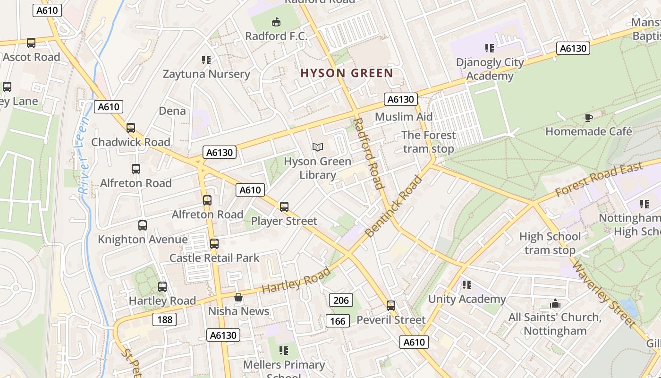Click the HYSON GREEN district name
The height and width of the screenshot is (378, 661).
(x=347, y=73)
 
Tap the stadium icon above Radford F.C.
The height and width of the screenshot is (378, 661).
(x=276, y=22)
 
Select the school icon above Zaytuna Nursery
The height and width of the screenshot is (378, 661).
(x=206, y=60)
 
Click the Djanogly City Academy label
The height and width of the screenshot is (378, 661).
(x=490, y=69)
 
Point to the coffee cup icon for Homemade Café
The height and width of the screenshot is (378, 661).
(x=588, y=117)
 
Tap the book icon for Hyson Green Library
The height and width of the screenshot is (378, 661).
(x=318, y=147)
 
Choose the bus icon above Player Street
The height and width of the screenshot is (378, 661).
(x=284, y=206)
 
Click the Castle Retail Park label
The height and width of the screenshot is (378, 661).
(x=214, y=258)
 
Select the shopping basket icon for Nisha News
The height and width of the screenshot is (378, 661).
(x=238, y=297)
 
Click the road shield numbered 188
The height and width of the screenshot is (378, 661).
(x=164, y=320)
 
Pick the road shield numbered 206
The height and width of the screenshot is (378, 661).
(x=340, y=300)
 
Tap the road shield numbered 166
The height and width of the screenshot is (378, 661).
(x=338, y=321)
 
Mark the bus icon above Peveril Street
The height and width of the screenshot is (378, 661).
(x=390, y=306)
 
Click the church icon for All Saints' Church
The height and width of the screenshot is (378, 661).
(x=555, y=303)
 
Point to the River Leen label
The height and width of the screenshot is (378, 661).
(x=84, y=156)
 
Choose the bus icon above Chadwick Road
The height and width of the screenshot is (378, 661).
(x=131, y=128)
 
